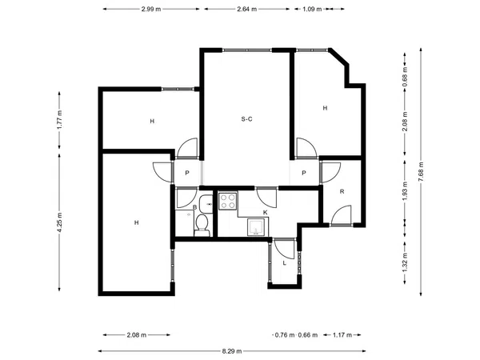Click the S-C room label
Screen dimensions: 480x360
[246, 119]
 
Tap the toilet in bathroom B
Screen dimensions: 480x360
[202, 226]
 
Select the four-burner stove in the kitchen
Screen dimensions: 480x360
[228, 201]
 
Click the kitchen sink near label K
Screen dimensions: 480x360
[256, 227]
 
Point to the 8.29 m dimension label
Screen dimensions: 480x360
[232, 351]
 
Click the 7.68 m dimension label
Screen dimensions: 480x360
[421, 171]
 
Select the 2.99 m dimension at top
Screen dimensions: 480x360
[151, 9]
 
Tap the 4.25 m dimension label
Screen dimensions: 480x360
[59, 222]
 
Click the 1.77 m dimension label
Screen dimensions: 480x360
[59, 120]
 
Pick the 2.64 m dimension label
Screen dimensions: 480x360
[246, 9]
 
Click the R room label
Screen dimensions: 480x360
[342, 192]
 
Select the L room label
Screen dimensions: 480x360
[284, 263]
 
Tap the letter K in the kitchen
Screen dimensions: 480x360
[266, 213]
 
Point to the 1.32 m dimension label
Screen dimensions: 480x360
[405, 262]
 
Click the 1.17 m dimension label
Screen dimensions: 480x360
[342, 335]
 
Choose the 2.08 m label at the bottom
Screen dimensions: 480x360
[137, 335]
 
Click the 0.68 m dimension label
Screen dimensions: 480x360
[405, 77]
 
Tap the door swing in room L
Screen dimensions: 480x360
[285, 249]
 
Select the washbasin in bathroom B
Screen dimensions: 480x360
[206, 203]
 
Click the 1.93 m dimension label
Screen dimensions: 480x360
[405, 191]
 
